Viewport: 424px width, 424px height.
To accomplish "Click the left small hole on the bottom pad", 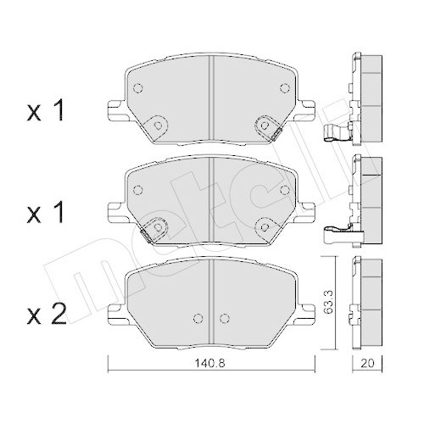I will click(198, 319).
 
